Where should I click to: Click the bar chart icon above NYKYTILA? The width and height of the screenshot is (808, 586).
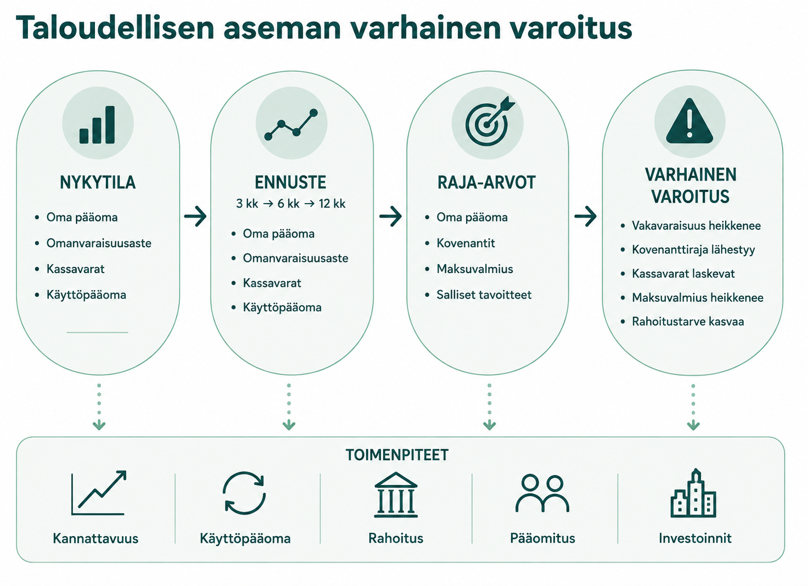[97, 125]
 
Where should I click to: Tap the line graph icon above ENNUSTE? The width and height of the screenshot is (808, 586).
[291, 125]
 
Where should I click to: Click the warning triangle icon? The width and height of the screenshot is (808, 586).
[690, 121]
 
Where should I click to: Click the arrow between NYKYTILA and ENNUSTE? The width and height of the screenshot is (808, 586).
[195, 216]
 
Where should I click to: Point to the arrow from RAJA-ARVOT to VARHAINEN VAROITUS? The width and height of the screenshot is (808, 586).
[585, 216]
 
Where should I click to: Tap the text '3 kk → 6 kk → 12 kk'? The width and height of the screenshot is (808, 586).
[291, 204]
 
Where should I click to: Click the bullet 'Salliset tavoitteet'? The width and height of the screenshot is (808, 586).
[484, 295]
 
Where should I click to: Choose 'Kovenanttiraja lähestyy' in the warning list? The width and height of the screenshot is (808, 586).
[693, 250]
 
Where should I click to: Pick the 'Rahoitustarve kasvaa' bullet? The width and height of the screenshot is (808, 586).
[687, 322]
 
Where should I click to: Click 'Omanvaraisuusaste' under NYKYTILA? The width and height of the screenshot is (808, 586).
[99, 243]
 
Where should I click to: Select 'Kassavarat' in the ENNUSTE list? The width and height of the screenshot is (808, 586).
[272, 283]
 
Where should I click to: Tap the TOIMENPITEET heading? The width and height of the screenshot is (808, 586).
[397, 455]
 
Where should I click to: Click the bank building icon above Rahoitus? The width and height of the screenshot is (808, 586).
[395, 495]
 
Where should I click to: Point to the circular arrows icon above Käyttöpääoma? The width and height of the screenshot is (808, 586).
[244, 493]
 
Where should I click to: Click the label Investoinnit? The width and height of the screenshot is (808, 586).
[695, 538]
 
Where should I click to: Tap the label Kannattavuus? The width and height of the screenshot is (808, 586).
[95, 538]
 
